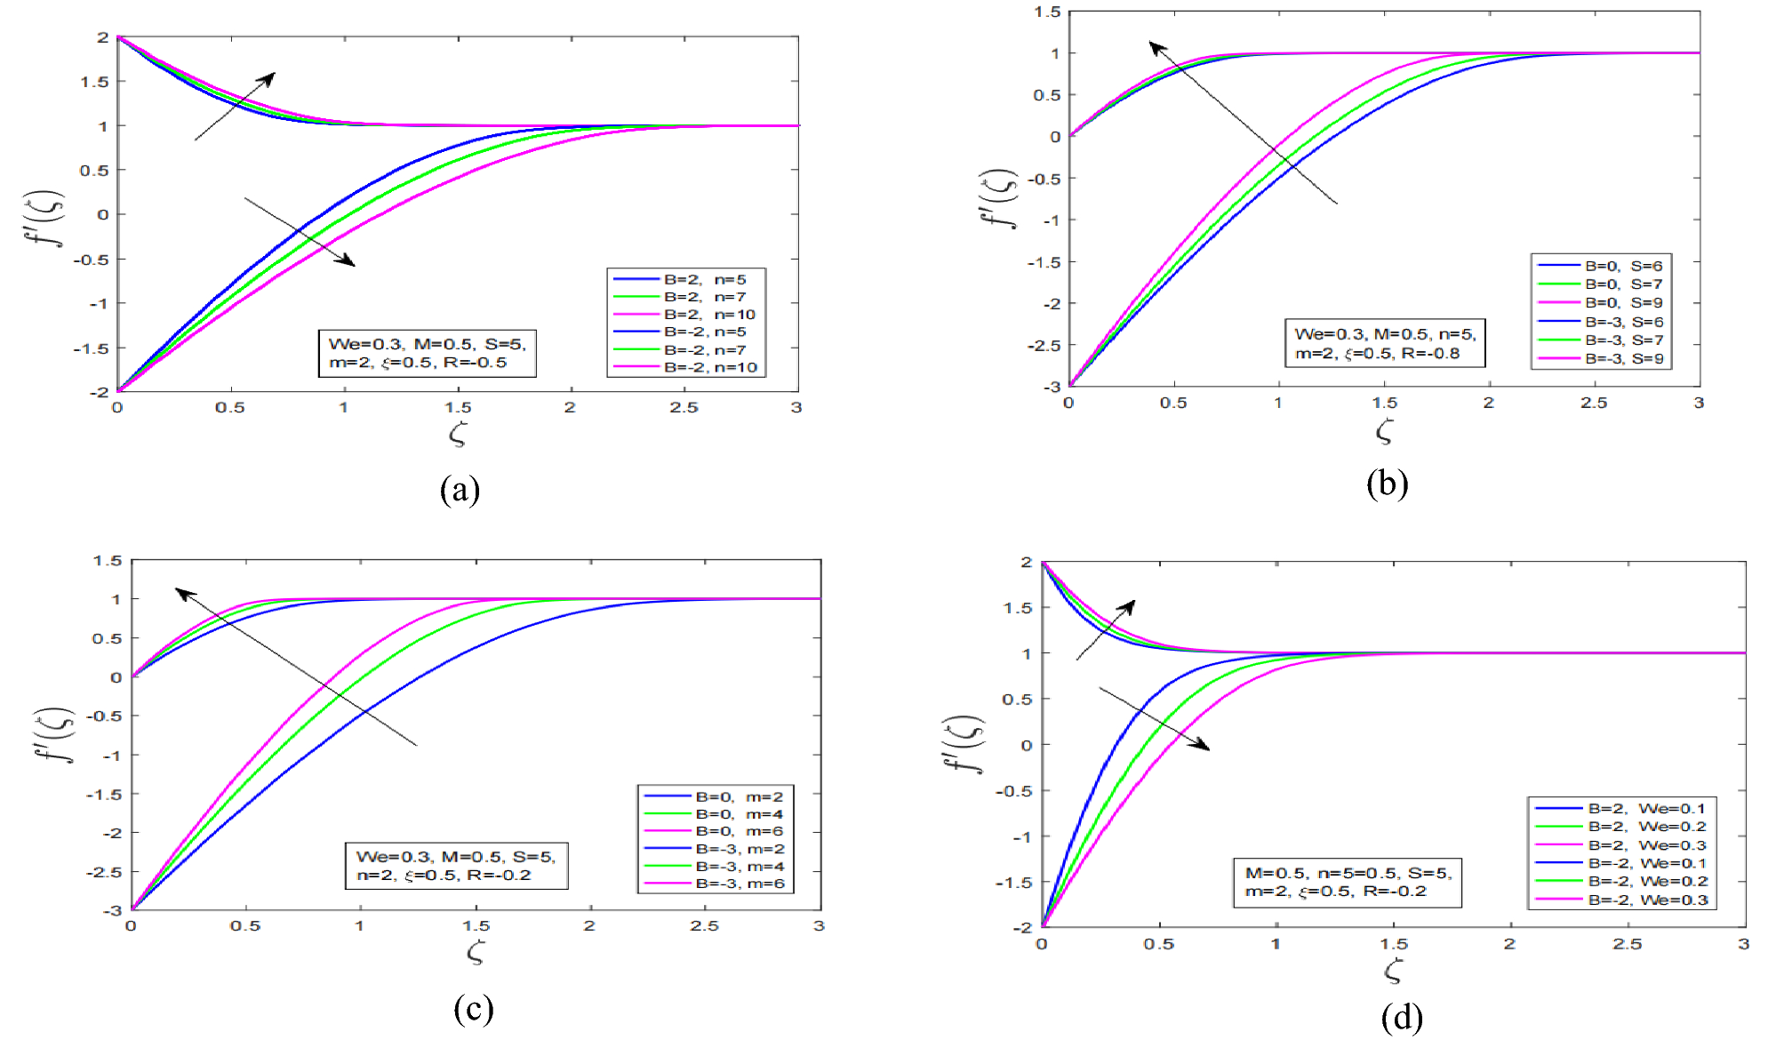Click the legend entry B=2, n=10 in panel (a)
coord(709,315)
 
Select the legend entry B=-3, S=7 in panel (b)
coord(1624,340)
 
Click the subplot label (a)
coord(460,490)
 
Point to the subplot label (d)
coord(1402,1017)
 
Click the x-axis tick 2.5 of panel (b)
coord(1593,404)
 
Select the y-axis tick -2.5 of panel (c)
coord(104,872)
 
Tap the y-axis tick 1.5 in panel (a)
coord(94,82)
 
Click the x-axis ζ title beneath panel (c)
coord(476,954)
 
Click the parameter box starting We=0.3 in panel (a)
coord(427,354)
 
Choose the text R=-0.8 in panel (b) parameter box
coord(1430,354)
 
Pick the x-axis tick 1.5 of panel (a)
coord(458,408)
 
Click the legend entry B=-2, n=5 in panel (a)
coord(705,332)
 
